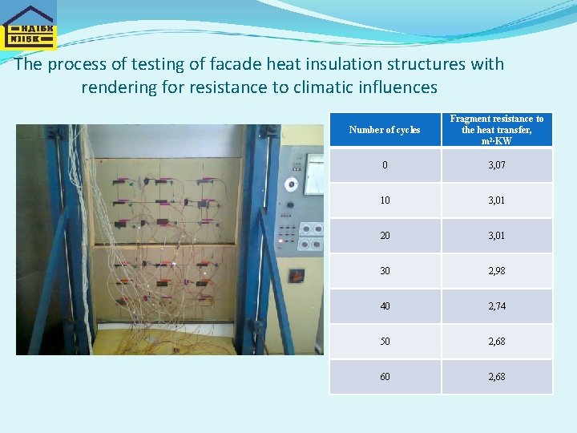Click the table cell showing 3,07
point(497,165)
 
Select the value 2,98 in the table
point(497,271)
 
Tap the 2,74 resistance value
point(497,306)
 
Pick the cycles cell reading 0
point(385,165)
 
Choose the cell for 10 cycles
point(385,200)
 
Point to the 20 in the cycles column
point(385,236)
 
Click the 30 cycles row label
point(385,271)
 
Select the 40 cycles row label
point(385,306)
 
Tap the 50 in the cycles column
point(385,342)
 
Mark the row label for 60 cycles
point(385,377)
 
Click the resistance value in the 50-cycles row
point(497,342)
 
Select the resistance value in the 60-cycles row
point(497,377)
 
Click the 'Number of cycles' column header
point(385,130)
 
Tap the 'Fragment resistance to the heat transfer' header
point(497,130)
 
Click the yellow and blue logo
point(29,27)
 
